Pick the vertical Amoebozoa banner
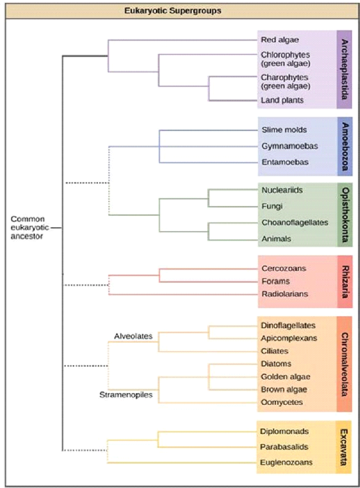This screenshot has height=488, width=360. click(x=344, y=145)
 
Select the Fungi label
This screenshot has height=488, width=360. click(x=272, y=206)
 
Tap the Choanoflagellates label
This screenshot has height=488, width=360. click(x=295, y=222)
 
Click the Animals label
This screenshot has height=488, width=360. click(x=276, y=239)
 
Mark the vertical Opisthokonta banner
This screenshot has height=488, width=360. click(x=344, y=214)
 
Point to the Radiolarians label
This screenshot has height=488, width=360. click(x=285, y=294)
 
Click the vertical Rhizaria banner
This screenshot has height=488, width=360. click(x=344, y=281)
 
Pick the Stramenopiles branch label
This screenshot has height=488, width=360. click(x=126, y=396)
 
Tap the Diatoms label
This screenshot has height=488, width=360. click(x=276, y=363)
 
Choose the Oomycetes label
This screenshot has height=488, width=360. click(x=282, y=402)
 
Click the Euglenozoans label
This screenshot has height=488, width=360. click(x=286, y=462)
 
